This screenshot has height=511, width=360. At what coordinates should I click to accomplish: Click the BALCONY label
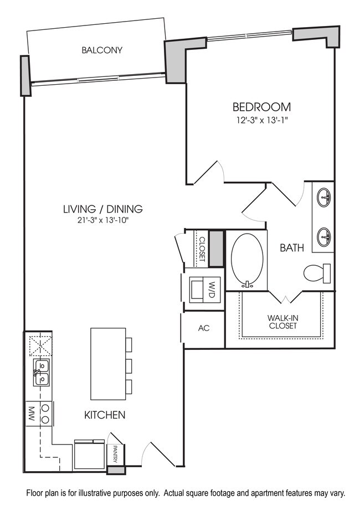click(102, 50)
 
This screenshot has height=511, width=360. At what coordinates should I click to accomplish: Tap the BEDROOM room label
click(261, 107)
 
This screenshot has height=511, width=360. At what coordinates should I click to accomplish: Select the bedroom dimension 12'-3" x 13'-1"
click(261, 120)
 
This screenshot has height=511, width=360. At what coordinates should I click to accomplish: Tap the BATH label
click(291, 248)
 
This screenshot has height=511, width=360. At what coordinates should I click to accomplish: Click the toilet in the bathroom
click(318, 273)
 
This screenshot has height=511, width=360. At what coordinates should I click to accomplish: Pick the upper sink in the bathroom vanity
click(324, 197)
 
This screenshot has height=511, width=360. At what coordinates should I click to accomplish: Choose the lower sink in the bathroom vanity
click(324, 238)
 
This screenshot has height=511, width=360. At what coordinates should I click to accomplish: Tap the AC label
click(204, 328)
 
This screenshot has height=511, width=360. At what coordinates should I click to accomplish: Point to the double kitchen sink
click(40, 371)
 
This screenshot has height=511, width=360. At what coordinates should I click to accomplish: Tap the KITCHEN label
click(105, 415)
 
